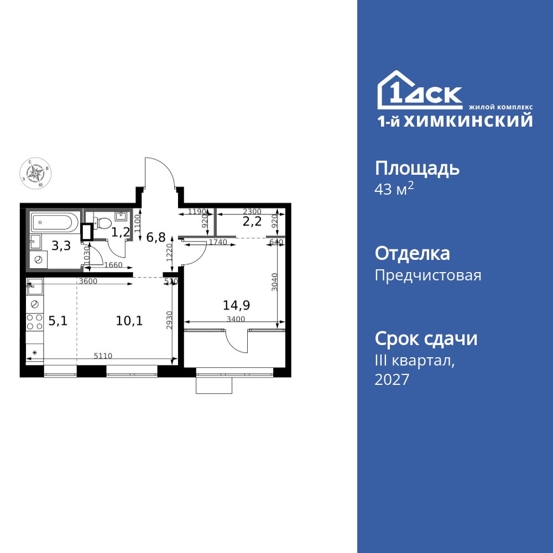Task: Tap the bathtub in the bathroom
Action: (x=53, y=223)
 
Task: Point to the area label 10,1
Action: (x=130, y=320)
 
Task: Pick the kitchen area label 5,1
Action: (x=58, y=320)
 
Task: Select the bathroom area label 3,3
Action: (x=61, y=246)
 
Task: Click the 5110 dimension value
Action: (x=103, y=356)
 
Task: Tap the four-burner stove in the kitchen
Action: (x=34, y=322)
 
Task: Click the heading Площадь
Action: (x=417, y=168)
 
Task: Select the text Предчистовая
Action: (x=428, y=275)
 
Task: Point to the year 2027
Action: (x=392, y=380)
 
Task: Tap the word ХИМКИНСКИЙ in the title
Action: (x=468, y=121)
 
